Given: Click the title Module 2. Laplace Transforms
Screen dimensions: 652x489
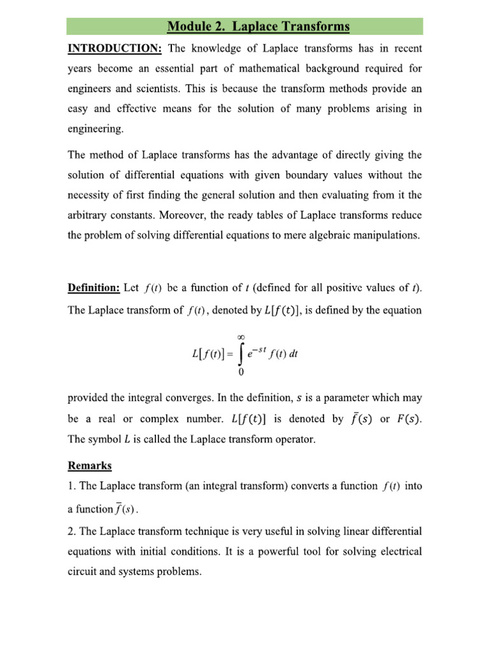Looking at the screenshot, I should point(259,27).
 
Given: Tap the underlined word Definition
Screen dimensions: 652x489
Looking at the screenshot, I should point(93,289).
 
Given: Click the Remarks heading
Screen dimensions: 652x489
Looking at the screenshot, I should point(90,465).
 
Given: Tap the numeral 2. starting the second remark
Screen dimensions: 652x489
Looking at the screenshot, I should point(71,531).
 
